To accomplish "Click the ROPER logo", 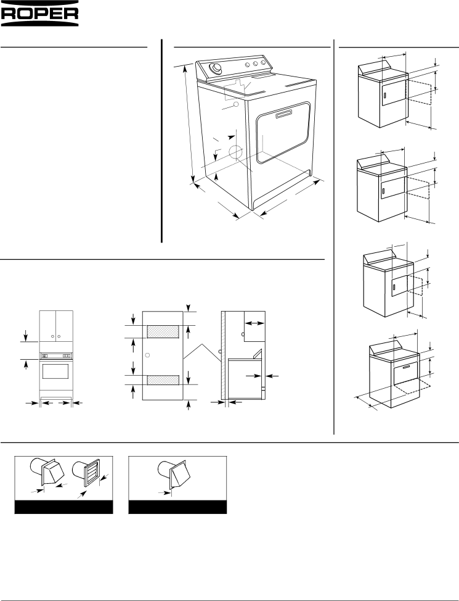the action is tap(39, 13).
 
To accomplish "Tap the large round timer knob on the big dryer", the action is tap(216, 68).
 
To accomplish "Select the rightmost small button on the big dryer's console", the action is tap(263, 62).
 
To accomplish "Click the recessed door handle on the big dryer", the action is tap(283, 114).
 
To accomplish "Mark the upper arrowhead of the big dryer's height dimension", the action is tap(185, 69).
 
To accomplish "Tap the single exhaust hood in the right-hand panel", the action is tap(174, 473).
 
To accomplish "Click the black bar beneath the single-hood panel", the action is tap(177, 507).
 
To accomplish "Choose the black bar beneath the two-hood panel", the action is tap(63, 507).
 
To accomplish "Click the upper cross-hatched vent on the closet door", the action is tap(163, 332).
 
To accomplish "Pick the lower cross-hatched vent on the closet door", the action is tap(163, 380).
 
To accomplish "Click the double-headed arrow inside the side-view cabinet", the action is tap(254, 323).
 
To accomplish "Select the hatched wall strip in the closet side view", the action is tap(223, 355).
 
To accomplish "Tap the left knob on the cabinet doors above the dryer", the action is tap(53, 336).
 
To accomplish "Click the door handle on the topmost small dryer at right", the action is tap(383, 93).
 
